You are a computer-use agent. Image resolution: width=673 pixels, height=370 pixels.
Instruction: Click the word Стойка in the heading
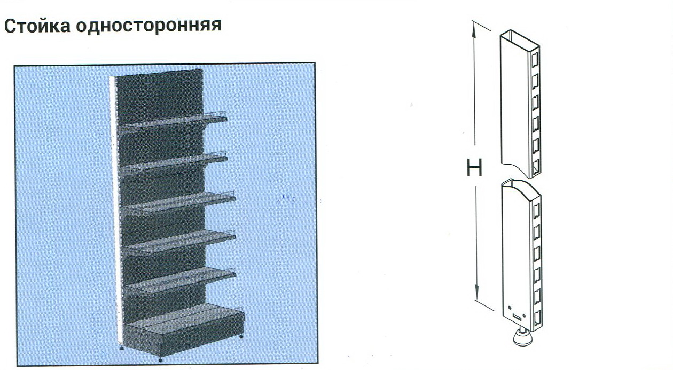pyautogui.click(x=37, y=26)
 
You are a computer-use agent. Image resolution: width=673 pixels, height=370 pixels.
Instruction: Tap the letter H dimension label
pyautogui.click(x=474, y=168)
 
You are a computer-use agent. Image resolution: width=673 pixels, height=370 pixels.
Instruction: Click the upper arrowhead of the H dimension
pyautogui.click(x=474, y=29)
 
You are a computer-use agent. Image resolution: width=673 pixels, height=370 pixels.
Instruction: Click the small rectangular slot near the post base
pyautogui.click(x=517, y=316)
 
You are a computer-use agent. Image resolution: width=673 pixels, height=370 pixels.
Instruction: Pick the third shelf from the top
pyautogui.click(x=178, y=203)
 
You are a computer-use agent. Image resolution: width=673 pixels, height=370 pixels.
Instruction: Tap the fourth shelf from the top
pyautogui.click(x=179, y=243)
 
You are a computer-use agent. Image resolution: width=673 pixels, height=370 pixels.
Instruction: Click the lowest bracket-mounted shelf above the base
pyautogui.click(x=181, y=281)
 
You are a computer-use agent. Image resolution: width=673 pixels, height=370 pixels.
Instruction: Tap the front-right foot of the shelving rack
pyautogui.click(x=241, y=336)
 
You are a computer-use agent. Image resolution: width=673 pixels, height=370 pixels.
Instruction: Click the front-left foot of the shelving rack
pyautogui.click(x=160, y=359)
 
